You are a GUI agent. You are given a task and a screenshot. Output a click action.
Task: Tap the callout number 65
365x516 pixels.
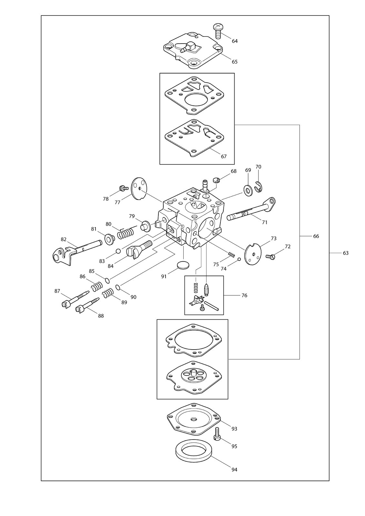tap(235, 62)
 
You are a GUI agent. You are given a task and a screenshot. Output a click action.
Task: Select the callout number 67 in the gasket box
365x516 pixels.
tap(224, 156)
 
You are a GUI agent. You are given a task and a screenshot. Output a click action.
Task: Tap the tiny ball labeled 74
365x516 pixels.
tap(239, 259)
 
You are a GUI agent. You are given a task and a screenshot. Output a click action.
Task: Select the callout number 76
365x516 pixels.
tap(244, 295)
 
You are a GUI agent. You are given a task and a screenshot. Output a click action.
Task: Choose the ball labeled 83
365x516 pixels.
tap(118, 251)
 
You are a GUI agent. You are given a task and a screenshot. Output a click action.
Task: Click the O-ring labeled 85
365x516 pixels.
tap(107, 281)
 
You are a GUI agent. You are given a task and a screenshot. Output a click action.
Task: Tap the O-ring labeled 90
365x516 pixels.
tap(117, 287)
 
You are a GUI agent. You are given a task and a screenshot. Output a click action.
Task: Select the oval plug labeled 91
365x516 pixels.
tap(183, 265)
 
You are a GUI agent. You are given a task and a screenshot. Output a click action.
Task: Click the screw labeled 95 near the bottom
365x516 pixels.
tap(217, 434)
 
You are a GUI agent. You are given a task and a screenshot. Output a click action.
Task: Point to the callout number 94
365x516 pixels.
tap(234, 463)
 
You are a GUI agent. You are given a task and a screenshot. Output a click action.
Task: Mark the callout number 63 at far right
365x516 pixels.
tap(346, 253)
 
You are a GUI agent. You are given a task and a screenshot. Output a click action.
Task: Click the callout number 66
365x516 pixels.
tap(316, 236)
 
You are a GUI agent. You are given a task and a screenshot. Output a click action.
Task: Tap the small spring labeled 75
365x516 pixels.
tap(231, 254)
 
